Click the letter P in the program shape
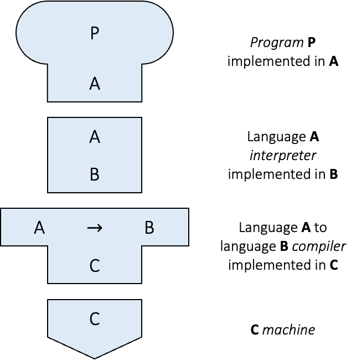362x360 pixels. click(95, 34)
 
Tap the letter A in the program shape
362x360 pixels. click(95, 84)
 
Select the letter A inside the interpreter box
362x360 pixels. click(95, 137)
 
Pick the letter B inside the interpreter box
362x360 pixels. click(95, 175)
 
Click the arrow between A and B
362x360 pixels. click(95, 228)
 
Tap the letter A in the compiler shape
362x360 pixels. click(39, 228)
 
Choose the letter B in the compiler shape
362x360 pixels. click(149, 228)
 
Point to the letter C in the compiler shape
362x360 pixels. click(95, 266)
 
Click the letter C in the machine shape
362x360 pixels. click(95, 319)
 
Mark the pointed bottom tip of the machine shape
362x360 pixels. click(95, 357)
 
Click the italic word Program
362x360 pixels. click(271, 43)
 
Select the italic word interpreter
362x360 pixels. click(283, 155)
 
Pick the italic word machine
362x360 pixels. click(288, 330)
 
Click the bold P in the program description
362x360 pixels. click(312, 43)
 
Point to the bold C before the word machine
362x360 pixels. click(255, 330)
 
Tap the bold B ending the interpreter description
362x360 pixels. click(334, 174)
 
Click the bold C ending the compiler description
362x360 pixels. click(334, 265)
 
